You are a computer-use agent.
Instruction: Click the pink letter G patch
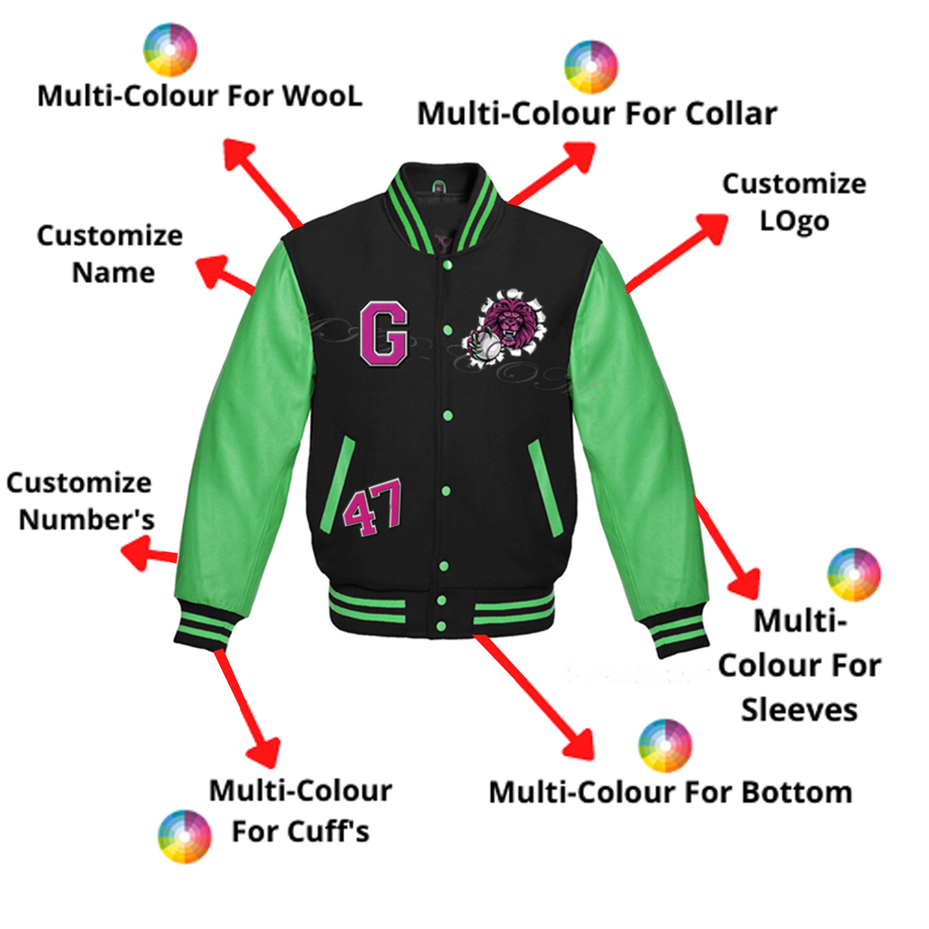[x=384, y=333]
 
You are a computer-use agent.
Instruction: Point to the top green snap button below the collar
[x=447, y=264]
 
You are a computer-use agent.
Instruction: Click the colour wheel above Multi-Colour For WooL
[x=170, y=50]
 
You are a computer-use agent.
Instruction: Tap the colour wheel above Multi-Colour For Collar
[x=591, y=67]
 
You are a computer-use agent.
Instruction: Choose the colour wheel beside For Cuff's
[x=185, y=837]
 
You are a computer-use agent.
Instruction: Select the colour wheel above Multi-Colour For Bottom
[x=665, y=746]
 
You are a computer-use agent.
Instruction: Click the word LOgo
[x=794, y=222]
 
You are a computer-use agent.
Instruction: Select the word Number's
[x=87, y=520]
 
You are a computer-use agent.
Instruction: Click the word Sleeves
[x=799, y=710]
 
